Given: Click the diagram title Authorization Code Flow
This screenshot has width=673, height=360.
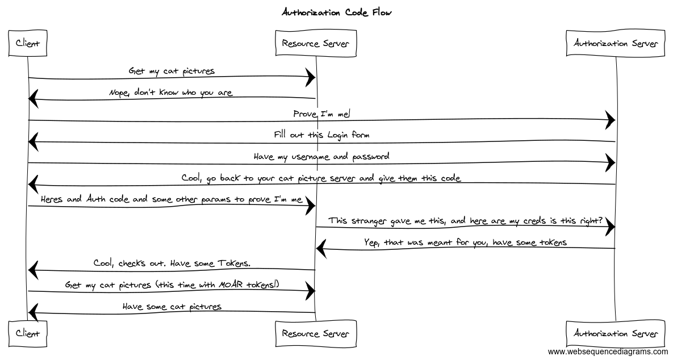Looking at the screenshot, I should coord(337,12).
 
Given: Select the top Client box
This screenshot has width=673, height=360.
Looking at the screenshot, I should coord(28,44).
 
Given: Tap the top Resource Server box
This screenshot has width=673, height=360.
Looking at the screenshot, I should coord(315,44).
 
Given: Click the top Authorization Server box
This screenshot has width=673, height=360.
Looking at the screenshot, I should coord(616,44).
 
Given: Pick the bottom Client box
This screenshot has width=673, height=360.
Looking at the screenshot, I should coord(28,333).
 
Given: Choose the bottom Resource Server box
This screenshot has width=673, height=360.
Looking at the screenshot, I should coord(315,333).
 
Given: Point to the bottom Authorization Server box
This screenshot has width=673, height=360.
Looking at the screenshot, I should coord(616,333).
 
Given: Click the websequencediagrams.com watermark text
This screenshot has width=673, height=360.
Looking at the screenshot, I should coord(608,352).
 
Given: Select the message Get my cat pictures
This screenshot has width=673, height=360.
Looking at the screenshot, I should coord(172,71).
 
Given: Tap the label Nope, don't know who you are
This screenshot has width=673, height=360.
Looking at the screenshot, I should coord(171,93).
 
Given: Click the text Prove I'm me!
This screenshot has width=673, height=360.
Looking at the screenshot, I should coord(322,114).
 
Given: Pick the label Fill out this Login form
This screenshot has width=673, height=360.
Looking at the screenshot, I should coord(322,135).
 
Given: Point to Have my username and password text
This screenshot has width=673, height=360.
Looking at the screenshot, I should coord(322,156).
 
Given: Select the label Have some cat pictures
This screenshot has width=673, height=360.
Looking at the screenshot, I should coord(172,307).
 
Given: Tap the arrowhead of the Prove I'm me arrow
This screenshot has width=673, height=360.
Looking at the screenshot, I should coord(611,120).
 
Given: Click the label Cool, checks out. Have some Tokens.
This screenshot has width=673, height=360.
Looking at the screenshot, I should coord(172,263).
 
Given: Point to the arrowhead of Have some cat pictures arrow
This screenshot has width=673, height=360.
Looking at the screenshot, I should coord(33,311).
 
